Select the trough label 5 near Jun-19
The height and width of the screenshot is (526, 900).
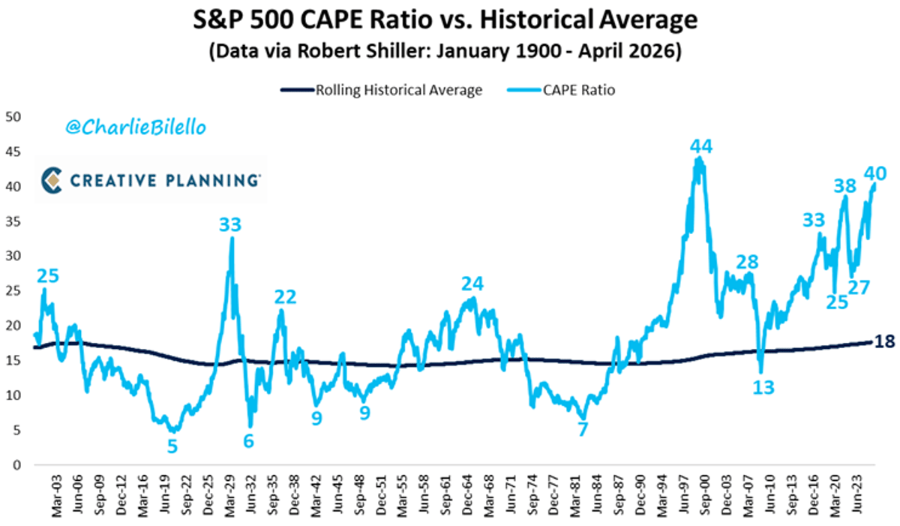[x=172, y=446]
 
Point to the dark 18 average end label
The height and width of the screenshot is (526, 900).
[x=886, y=341]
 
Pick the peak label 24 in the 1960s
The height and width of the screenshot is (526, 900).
[x=472, y=283]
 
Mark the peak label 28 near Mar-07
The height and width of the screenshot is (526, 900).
[x=747, y=262]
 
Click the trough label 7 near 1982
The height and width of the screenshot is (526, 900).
[x=582, y=429]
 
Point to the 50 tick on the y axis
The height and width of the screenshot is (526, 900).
[x=14, y=117]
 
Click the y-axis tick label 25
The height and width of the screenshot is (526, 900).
[x=14, y=291]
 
